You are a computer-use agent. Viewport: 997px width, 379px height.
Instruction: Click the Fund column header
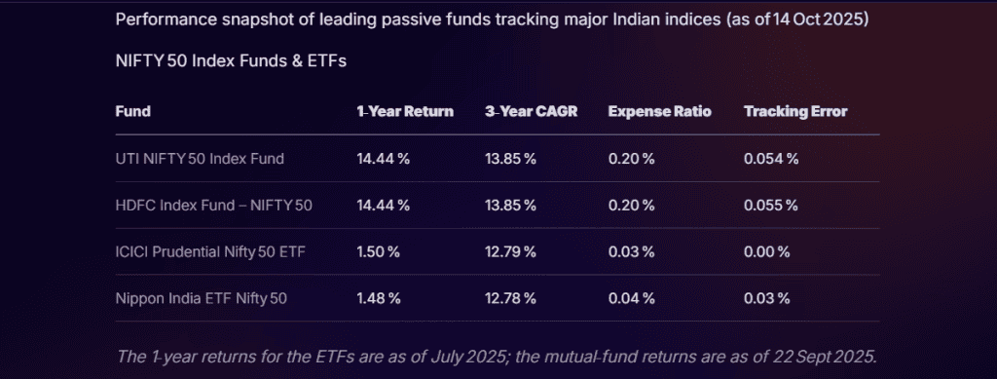(132, 111)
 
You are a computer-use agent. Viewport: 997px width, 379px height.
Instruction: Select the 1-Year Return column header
(405, 111)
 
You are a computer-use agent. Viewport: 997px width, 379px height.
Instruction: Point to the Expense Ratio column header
(659, 111)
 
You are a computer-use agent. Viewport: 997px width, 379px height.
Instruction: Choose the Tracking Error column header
(795, 111)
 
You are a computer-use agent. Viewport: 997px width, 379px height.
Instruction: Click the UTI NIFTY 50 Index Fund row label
(200, 159)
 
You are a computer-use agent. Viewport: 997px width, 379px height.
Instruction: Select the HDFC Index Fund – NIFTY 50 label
(213, 206)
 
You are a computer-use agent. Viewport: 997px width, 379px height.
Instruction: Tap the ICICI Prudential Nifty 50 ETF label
(210, 251)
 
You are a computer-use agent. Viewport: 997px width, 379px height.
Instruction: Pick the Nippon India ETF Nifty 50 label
(201, 298)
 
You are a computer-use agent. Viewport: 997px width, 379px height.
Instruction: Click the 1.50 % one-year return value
(379, 251)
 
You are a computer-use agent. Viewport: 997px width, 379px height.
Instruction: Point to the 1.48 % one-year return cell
(379, 298)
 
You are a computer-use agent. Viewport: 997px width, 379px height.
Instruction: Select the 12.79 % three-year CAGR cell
(510, 251)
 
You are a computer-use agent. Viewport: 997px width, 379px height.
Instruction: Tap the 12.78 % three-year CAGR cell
(510, 298)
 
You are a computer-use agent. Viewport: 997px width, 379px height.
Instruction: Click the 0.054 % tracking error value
(771, 159)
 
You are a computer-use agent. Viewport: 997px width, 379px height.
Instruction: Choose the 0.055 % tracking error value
(771, 206)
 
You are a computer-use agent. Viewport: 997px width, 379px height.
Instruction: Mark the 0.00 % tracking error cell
(767, 251)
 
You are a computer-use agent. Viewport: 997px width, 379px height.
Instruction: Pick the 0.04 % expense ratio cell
(631, 298)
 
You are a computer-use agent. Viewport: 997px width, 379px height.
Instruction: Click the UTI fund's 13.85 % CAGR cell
(510, 159)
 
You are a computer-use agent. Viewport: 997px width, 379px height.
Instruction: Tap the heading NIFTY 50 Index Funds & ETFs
(231, 61)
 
